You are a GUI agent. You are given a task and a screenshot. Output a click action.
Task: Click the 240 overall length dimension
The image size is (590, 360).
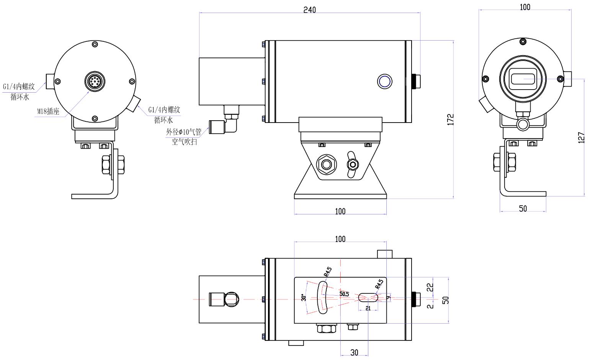point(309,10)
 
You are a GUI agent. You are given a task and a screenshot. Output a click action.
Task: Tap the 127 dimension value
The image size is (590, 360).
point(581,137)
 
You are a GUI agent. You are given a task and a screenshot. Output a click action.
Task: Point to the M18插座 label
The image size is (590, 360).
point(48,111)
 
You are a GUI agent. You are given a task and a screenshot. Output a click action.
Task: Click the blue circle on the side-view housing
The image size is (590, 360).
point(384,81)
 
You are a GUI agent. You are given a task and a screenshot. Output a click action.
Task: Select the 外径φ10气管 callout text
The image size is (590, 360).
point(183,133)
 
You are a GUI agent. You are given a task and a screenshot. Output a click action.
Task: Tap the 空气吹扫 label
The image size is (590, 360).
point(184,142)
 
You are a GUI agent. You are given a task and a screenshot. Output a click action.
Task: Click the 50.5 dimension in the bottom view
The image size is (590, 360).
point(344,294)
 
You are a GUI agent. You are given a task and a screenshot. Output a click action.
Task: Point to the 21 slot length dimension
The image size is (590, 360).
point(368,308)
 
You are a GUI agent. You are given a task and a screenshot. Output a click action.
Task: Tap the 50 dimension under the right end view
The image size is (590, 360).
point(523,209)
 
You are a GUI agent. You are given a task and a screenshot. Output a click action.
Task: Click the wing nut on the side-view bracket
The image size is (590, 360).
point(352,164)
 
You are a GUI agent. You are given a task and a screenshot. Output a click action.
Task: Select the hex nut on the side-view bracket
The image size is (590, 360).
point(326,164)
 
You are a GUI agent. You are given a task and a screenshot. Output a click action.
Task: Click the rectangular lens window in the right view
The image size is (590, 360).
point(523,79)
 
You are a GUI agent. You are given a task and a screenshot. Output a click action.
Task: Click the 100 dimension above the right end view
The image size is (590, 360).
point(525,7)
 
